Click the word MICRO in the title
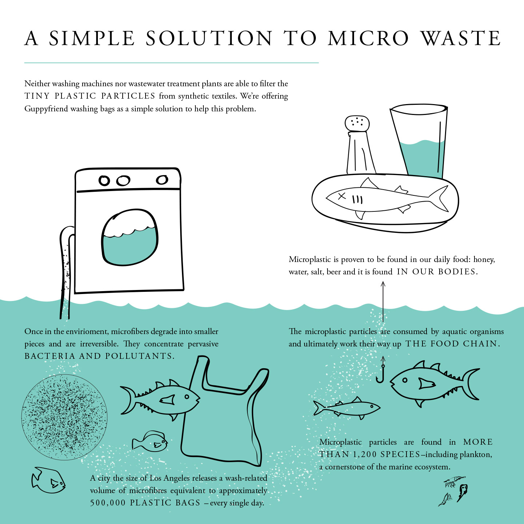(x=369, y=38)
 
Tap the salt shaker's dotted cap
(x=357, y=123)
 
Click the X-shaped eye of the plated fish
(x=342, y=196)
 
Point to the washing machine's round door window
(x=130, y=237)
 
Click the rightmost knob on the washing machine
(x=162, y=180)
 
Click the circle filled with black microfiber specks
(x=64, y=417)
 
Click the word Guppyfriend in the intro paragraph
(x=46, y=109)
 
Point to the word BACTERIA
(x=50, y=356)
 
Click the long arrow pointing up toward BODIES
(x=383, y=302)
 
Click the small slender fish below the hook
(x=346, y=408)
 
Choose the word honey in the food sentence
(x=484, y=260)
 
